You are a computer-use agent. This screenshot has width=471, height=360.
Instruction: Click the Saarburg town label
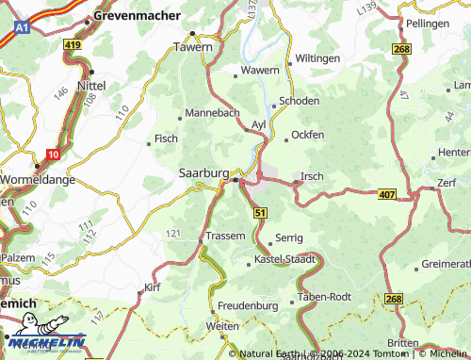(203, 173)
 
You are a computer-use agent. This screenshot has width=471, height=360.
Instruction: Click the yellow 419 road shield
(73, 44)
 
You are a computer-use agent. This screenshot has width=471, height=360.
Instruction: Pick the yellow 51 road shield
(260, 214)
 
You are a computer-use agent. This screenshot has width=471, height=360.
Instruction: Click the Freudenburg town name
(249, 307)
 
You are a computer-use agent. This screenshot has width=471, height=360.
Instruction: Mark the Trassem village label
(226, 236)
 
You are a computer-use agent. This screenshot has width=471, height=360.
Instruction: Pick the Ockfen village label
(308, 135)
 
